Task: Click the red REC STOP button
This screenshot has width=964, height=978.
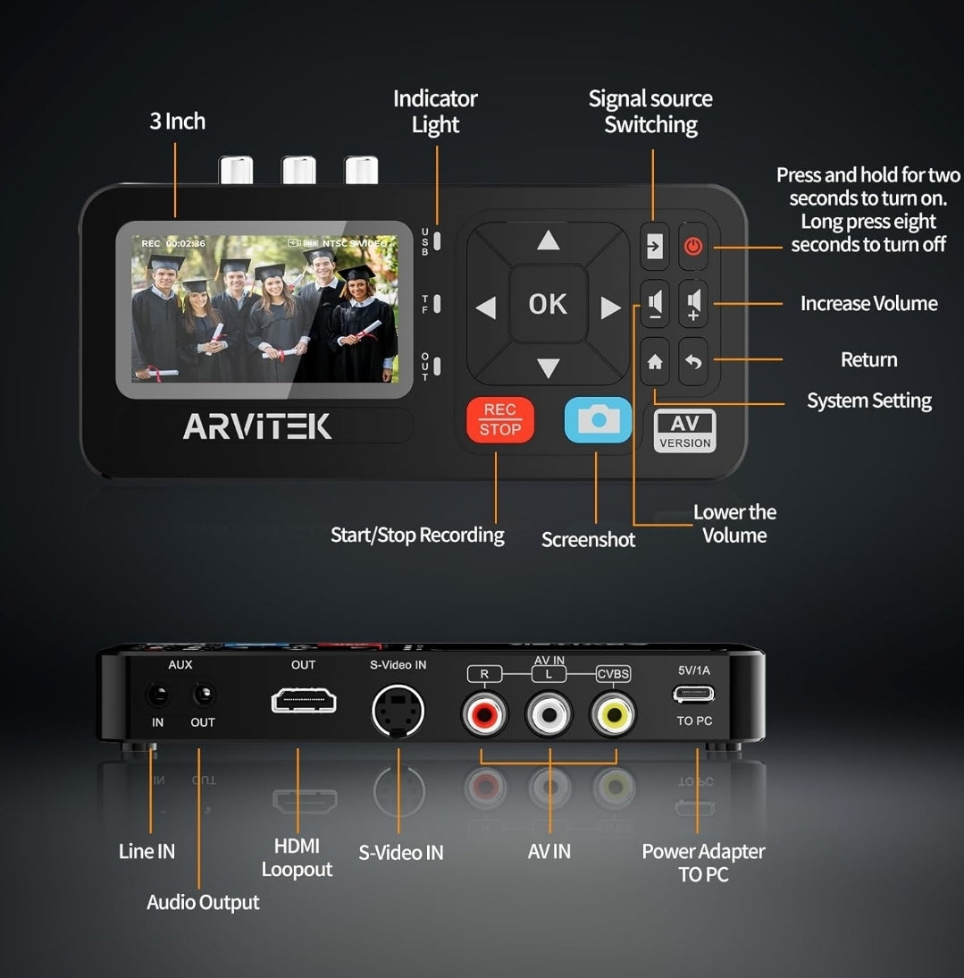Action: (499, 420)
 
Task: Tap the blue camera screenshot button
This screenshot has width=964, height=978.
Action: (598, 420)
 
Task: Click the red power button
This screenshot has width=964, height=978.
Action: (693, 245)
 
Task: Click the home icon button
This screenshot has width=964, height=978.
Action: (655, 362)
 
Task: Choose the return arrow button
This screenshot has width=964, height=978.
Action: (693, 362)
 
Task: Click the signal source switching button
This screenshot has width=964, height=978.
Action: (655, 245)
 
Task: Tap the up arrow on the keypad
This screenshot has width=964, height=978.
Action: (548, 240)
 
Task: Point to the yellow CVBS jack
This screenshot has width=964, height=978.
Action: (613, 713)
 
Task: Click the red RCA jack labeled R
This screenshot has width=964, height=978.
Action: (484, 713)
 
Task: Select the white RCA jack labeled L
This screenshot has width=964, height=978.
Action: (549, 713)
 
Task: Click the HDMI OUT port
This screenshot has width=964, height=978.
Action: (304, 699)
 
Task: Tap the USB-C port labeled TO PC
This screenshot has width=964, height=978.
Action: (693, 694)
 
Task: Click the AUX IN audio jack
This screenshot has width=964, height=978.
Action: (158, 695)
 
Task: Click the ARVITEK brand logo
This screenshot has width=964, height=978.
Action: (257, 426)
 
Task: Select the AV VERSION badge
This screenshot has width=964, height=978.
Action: (684, 431)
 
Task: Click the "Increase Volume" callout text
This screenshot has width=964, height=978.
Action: (868, 304)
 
